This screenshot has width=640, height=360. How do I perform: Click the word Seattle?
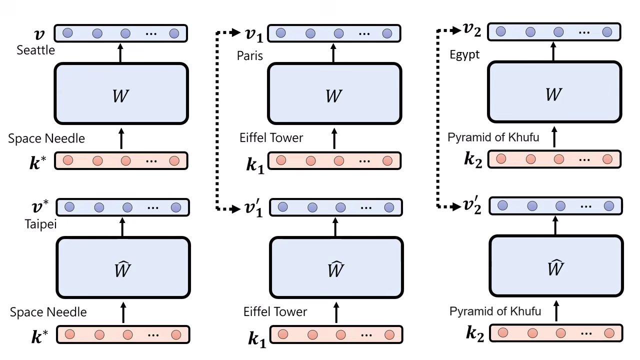(x=35, y=50)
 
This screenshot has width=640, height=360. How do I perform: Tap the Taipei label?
(x=40, y=224)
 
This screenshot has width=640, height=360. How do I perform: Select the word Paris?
(x=249, y=55)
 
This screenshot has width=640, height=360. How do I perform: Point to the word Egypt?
(x=464, y=54)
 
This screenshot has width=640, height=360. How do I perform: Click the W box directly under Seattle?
(x=121, y=93)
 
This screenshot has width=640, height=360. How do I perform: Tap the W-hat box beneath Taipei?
(x=123, y=267)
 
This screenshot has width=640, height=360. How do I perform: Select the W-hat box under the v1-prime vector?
(x=336, y=267)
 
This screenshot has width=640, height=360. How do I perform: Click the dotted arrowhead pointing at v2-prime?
(x=456, y=206)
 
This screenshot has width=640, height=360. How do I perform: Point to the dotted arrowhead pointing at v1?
(x=237, y=33)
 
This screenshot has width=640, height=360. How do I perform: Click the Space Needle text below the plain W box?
(x=46, y=138)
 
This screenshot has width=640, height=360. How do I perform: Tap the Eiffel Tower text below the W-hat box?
(x=275, y=312)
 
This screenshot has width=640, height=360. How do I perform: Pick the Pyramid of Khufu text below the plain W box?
(x=493, y=137)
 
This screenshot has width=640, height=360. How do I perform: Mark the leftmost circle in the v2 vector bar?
(x=500, y=31)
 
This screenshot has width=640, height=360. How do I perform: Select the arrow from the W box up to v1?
(x=334, y=53)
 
